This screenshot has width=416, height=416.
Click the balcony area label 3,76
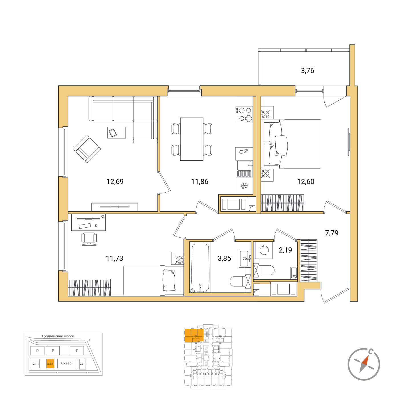click(x=307, y=70)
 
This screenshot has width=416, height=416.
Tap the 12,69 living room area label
click(x=115, y=181)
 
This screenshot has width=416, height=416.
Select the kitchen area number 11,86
click(x=199, y=181)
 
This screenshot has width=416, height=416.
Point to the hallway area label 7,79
click(x=332, y=233)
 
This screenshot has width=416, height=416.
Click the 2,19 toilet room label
click(x=285, y=250)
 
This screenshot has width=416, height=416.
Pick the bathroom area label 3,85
click(x=224, y=258)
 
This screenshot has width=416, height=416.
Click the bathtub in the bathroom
click(x=200, y=268)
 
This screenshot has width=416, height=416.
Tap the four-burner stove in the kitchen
click(x=244, y=115)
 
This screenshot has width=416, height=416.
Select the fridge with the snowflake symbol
click(x=244, y=186)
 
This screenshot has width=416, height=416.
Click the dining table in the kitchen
click(x=192, y=139)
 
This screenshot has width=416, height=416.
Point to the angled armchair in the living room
click(x=87, y=149)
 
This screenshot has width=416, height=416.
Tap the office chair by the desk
click(x=89, y=239)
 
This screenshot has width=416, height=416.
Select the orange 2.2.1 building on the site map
click(x=50, y=364)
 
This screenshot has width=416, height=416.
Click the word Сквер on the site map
click(x=66, y=363)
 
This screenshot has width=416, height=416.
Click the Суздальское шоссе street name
click(x=58, y=336)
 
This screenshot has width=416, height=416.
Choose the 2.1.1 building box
click(x=36, y=364)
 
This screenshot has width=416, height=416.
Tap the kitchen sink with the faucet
click(x=244, y=165)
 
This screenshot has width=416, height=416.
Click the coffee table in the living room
click(x=117, y=133)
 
